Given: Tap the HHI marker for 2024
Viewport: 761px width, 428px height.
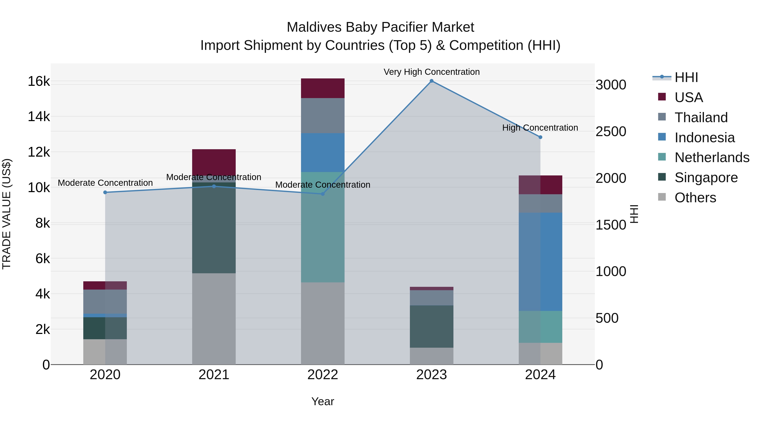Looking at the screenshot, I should (x=540, y=137).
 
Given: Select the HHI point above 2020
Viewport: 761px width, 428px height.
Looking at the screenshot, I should (x=105, y=192).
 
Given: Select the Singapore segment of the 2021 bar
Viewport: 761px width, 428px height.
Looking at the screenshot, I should (x=214, y=227).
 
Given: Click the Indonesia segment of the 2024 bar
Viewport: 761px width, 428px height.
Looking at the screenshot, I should (x=540, y=261).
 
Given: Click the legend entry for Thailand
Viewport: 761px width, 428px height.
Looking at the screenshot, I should (x=701, y=118).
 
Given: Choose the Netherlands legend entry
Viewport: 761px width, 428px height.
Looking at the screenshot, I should (x=711, y=157).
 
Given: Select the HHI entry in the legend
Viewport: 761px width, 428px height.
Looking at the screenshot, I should (x=686, y=77).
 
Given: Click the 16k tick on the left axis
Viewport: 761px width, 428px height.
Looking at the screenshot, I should (x=39, y=81).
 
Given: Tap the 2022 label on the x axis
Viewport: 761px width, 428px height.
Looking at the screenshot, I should (x=323, y=375).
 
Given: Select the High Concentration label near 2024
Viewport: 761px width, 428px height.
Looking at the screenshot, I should (x=540, y=128).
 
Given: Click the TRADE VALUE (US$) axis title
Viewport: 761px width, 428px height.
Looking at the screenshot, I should (x=7, y=214).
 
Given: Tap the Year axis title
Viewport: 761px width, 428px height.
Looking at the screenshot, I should (x=323, y=401).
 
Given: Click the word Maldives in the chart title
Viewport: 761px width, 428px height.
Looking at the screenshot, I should (x=314, y=27).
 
